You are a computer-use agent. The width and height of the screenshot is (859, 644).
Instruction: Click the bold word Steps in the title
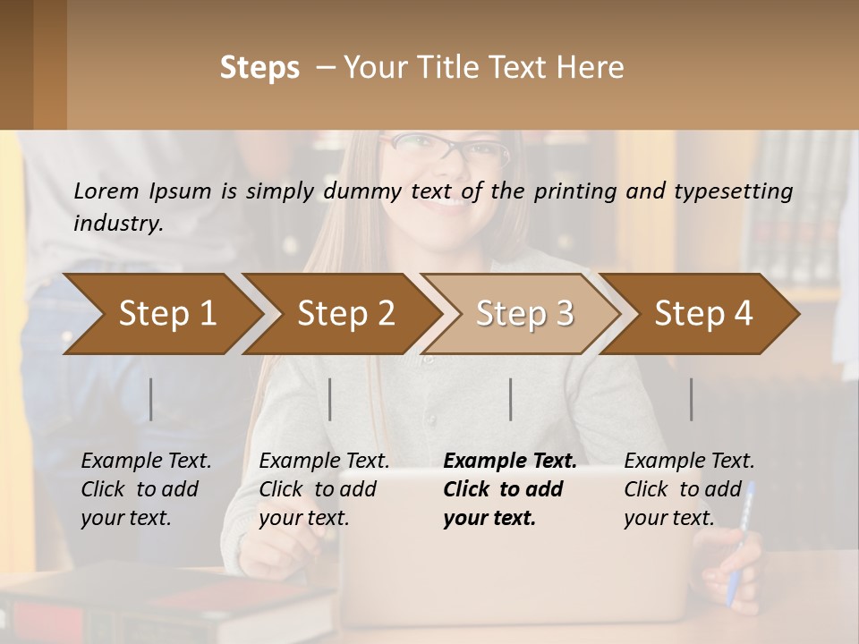(259, 68)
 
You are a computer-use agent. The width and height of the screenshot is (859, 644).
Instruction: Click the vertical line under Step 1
(151, 399)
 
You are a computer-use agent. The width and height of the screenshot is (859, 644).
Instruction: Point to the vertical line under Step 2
(330, 399)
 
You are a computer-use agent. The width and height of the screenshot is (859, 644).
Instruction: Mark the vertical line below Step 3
(511, 399)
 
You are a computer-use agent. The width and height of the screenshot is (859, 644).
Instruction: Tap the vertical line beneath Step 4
(692, 399)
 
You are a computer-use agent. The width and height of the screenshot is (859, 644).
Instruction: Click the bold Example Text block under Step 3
(510, 489)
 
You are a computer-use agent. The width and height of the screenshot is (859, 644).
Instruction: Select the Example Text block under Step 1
(146, 489)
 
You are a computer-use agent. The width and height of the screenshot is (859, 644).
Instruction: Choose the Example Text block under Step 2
(324, 489)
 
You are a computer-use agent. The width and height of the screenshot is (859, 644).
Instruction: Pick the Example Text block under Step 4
(689, 489)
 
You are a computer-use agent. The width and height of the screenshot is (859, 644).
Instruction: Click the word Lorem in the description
(106, 191)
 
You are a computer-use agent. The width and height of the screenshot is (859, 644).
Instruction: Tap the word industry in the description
(117, 224)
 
